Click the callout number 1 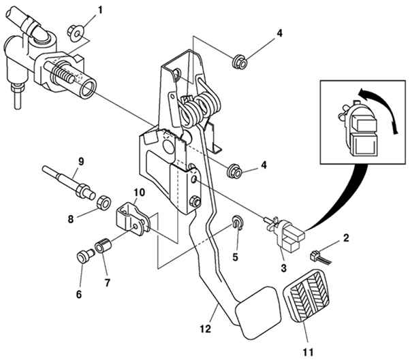point(100,10)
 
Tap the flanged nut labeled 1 point(76,33)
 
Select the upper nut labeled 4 point(240,62)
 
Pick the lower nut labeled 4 point(234,171)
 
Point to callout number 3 point(284,267)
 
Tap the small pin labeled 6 point(85,255)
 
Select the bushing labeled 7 point(104,246)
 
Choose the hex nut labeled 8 point(104,202)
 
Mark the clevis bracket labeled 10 point(133,219)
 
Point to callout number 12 point(206,329)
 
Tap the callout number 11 point(308,352)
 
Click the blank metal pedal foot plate point(258,312)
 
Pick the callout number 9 point(81,161)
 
